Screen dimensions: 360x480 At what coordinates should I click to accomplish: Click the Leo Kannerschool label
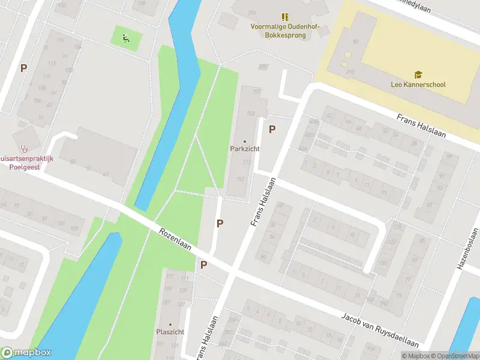418,85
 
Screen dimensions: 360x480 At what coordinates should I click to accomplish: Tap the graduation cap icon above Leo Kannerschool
418,74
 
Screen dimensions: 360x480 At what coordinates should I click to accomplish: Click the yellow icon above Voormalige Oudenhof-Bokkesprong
285,17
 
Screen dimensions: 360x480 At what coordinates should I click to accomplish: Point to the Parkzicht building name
244,149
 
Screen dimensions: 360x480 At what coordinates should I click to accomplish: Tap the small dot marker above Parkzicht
244,141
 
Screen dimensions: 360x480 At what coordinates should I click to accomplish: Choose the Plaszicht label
170,332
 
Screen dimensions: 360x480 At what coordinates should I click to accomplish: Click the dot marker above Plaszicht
170,324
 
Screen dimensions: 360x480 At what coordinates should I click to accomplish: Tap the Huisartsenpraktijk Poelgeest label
24,163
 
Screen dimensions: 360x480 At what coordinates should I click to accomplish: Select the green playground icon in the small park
126,39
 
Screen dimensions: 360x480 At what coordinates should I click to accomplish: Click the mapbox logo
26,353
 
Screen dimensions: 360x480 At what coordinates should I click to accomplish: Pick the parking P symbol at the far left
23,68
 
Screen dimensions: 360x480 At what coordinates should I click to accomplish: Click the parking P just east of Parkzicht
272,128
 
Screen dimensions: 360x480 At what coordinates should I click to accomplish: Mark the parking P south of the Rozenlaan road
203,265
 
